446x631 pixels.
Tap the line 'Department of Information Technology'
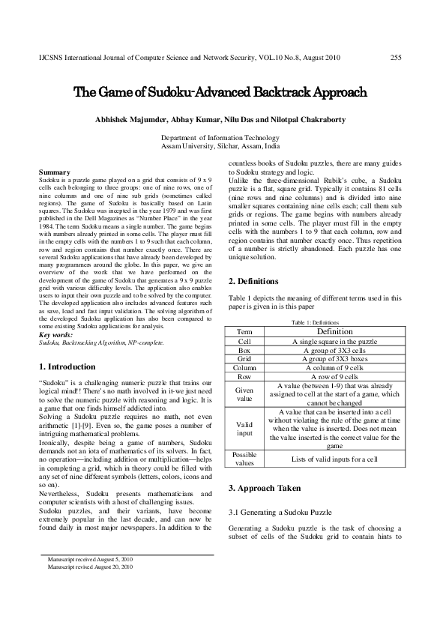coord(220,138)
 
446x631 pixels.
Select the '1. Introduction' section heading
coord(67,367)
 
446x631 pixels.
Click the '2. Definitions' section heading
coord(258,281)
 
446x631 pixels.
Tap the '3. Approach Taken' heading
coord(264,488)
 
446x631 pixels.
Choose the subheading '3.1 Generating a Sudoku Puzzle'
coord(279,511)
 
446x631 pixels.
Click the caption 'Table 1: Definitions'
coord(315,321)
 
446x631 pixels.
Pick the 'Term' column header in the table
coord(244,331)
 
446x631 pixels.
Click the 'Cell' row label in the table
coord(244,341)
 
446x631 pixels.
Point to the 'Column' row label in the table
coord(244,368)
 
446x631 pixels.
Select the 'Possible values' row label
coord(244,459)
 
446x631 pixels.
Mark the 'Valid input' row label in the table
coord(244,428)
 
